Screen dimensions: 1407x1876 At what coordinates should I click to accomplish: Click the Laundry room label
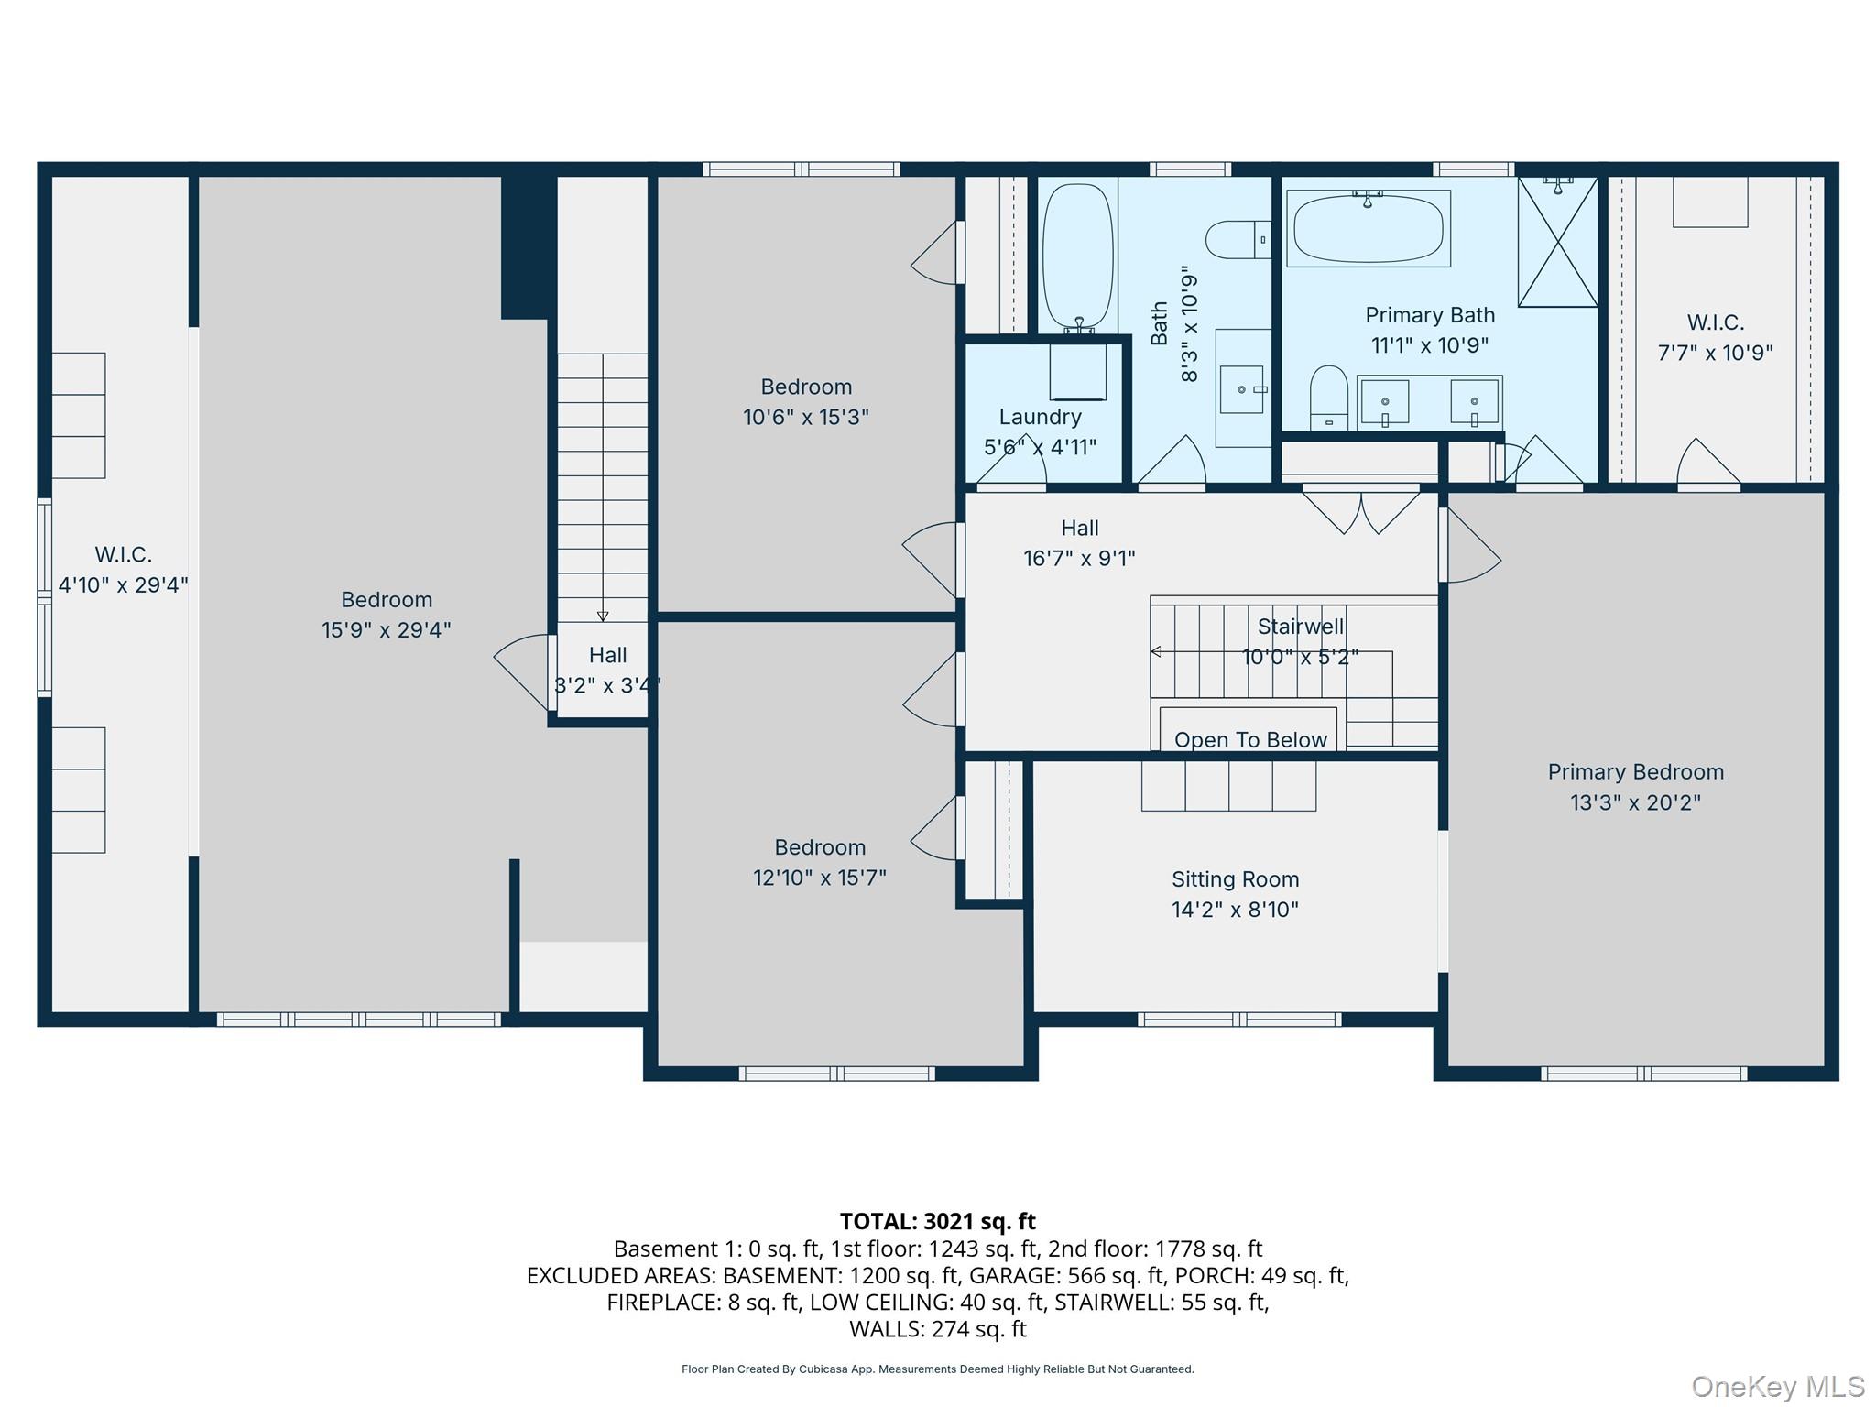[1040, 417]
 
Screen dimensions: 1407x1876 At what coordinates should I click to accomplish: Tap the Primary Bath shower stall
[1557, 242]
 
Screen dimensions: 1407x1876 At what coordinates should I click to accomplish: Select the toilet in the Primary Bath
[1328, 398]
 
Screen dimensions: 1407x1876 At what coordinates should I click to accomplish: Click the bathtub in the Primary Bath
[1368, 228]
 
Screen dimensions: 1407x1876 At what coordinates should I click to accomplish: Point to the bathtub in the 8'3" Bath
[1077, 256]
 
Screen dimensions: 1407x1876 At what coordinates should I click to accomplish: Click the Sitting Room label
[1235, 879]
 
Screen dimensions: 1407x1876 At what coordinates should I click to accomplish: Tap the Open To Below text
[1250, 739]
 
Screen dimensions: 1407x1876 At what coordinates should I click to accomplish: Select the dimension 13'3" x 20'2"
[1635, 802]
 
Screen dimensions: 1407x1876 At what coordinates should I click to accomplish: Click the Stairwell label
[1300, 627]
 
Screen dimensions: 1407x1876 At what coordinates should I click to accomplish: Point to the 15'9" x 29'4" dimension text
[386, 630]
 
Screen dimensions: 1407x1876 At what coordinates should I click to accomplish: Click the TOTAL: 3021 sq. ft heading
[937, 1221]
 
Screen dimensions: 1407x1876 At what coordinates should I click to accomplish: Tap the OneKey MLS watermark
[1777, 1386]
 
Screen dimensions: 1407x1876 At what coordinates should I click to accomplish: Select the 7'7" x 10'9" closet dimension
[1715, 353]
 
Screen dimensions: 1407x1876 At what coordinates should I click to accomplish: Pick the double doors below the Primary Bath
[1361, 511]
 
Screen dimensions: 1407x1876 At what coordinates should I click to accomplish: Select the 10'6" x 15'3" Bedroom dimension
[805, 418]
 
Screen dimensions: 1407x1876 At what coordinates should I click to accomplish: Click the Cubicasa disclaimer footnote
[937, 1369]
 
